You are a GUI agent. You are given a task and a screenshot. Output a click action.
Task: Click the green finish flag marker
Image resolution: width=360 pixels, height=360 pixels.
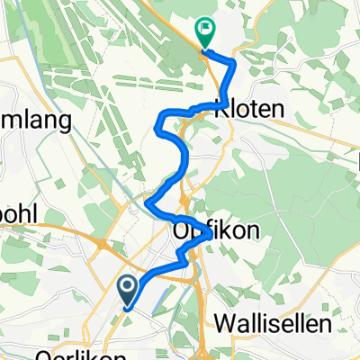point(206,32)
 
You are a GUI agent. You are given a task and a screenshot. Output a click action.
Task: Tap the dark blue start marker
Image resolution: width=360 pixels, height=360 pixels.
point(128,289)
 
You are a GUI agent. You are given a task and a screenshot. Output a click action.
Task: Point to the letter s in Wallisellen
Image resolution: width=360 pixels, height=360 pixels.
point(289,323)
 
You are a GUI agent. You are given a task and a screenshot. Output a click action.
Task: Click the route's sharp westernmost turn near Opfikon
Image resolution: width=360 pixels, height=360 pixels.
point(146,202)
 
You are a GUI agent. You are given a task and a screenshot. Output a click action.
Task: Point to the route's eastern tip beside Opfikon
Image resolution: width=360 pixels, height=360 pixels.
point(211,234)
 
